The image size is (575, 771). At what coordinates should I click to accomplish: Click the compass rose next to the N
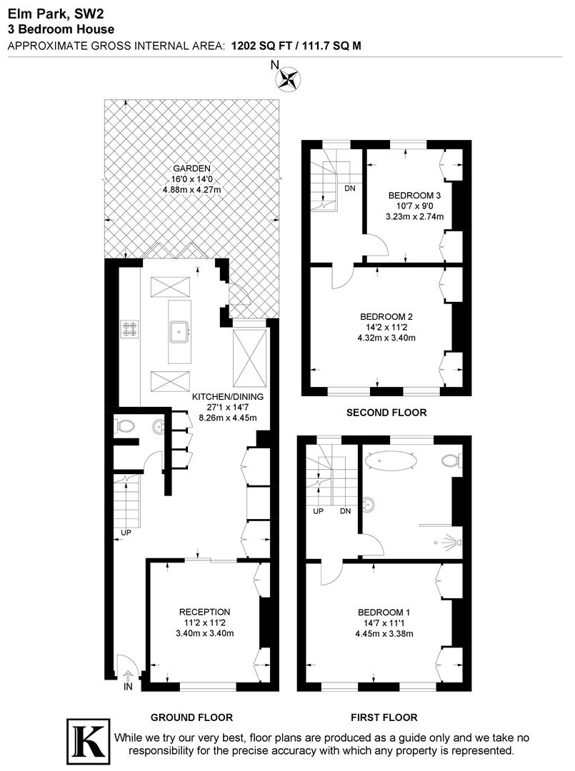pos(289,78)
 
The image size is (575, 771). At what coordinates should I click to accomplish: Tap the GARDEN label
pos(191,169)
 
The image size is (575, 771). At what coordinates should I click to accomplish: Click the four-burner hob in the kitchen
pos(130,328)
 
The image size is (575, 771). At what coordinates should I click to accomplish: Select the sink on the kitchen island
pos(179,329)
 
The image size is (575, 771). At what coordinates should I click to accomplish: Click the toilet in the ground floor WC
pos(126,427)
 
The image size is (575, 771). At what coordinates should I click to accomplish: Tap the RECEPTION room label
pos(204,612)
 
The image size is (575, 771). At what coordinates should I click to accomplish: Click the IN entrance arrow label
pos(128,687)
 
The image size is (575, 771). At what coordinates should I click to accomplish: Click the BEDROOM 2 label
pos(386,317)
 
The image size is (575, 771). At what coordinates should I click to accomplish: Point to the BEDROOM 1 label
pos(384,613)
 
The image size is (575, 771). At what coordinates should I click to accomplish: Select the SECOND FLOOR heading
pos(386,413)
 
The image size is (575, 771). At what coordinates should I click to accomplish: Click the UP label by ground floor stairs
pos(126,532)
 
